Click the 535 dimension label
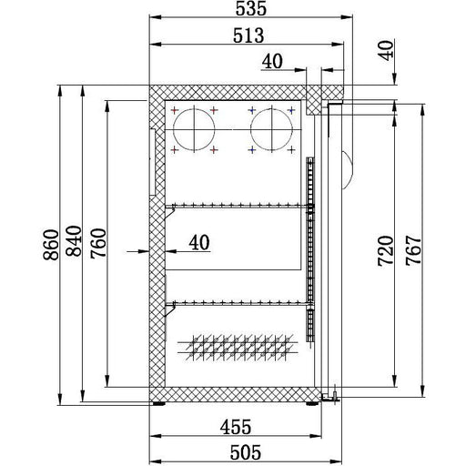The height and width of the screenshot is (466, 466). tap(251, 8)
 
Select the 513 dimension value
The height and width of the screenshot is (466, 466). tap(248, 35)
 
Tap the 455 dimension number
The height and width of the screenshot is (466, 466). tap(236, 427)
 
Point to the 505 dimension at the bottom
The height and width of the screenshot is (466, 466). tap(246, 452)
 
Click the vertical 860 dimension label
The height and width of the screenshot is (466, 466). tap(51, 245)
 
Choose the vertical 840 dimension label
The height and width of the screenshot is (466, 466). tap(74, 241)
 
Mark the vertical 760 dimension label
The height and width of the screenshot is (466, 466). tap(98, 243)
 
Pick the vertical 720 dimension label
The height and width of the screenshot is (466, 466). tap(386, 251)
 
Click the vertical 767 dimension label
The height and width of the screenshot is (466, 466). tap(414, 250)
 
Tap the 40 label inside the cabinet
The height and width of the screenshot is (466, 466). tap(199, 242)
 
